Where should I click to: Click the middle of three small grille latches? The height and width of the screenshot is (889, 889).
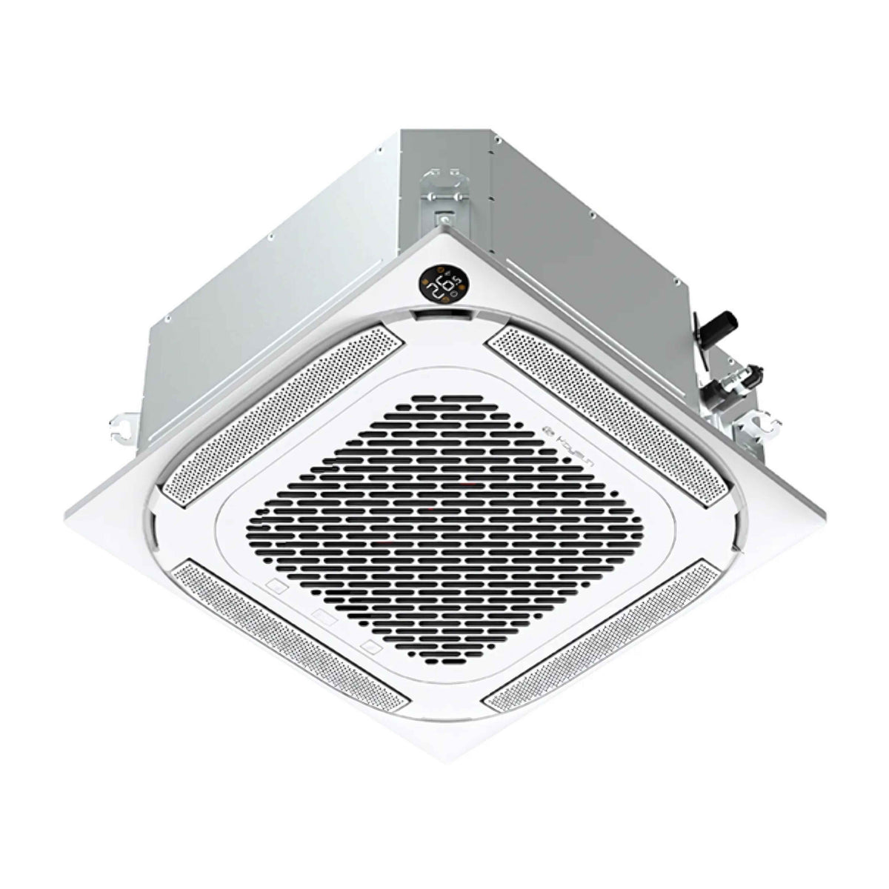pyautogui.click(x=324, y=614)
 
